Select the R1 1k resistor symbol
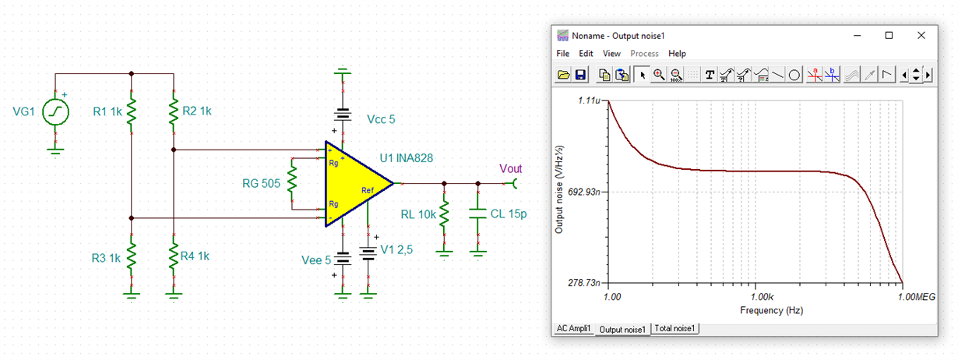(131, 111)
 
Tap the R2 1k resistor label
(196, 111)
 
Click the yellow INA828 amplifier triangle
(354, 184)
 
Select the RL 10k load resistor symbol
(444, 214)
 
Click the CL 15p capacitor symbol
(478, 214)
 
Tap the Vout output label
(510, 169)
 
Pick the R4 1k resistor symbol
(174, 255)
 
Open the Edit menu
(586, 54)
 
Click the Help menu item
(677, 54)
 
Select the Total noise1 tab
(675, 329)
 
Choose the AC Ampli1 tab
(574, 329)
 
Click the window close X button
(921, 35)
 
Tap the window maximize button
(889, 35)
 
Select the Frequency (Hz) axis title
(771, 310)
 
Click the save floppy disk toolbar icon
(580, 75)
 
